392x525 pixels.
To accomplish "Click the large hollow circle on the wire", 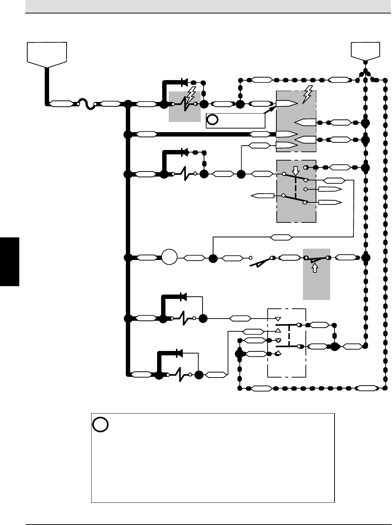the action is point(169,258).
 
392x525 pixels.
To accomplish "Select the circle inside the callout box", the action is point(213,120).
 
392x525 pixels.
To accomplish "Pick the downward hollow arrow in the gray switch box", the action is point(296,170).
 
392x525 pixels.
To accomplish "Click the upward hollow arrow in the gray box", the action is point(315,268).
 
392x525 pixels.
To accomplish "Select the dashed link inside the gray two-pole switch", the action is point(296,188).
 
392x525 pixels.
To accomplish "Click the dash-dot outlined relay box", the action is point(287,342).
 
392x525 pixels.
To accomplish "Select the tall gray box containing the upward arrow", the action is point(316,274).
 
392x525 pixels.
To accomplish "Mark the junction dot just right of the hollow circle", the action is point(213,258).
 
